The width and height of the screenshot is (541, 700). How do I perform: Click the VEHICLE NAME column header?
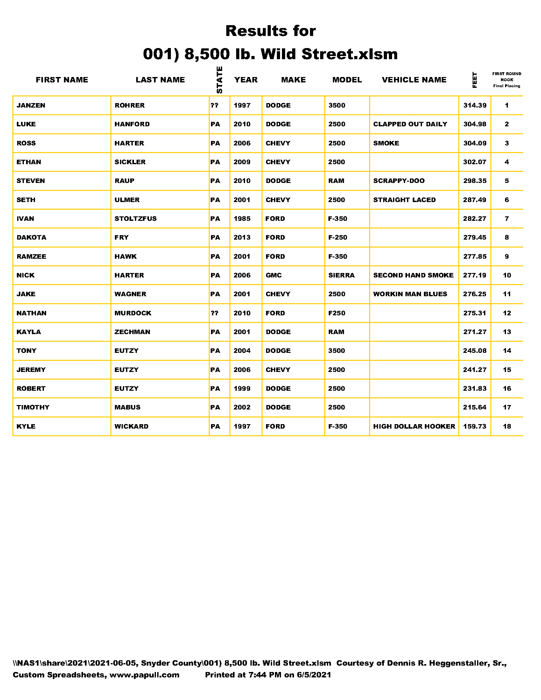(414, 80)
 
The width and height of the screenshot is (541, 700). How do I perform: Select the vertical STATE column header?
(220, 80)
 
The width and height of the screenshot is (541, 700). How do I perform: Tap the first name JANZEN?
(31, 105)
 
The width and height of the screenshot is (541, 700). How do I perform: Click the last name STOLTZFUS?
(136, 219)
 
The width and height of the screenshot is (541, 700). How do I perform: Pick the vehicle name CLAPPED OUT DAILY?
(410, 124)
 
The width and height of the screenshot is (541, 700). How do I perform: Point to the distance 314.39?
(475, 105)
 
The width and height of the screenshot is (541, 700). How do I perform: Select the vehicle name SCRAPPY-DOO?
(399, 181)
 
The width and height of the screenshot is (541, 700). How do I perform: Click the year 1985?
(242, 219)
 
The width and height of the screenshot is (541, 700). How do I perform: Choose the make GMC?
(274, 275)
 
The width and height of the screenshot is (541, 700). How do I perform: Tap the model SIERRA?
(341, 275)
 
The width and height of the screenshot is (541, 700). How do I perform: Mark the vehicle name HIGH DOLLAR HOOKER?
(414, 426)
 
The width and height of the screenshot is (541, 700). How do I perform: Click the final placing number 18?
(507, 426)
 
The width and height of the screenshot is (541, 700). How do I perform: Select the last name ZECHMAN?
(132, 332)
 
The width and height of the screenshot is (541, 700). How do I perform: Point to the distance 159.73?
(475, 426)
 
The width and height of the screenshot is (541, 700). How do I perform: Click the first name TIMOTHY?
(33, 407)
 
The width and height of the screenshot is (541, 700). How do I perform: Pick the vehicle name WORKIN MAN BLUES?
(410, 294)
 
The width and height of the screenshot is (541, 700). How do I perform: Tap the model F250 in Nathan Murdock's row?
(336, 313)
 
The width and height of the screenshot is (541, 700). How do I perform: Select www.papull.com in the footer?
(144, 675)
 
